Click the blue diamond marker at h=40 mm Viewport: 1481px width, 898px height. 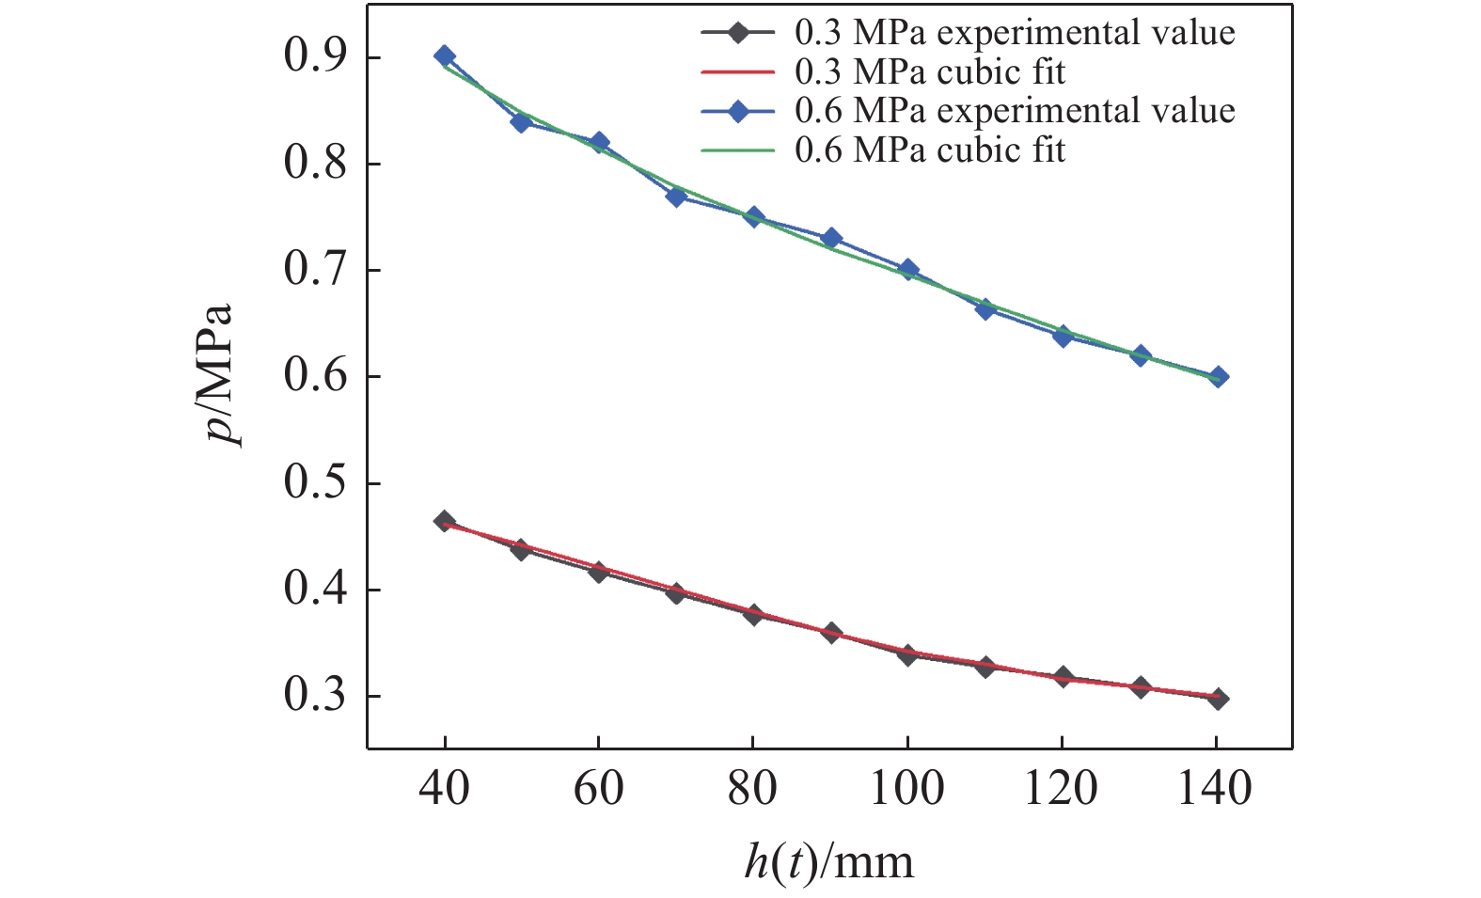pos(445,56)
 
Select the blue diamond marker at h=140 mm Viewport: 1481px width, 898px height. pos(1218,377)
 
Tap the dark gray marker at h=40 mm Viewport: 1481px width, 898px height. pos(445,522)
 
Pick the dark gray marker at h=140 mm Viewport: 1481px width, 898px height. pos(1218,699)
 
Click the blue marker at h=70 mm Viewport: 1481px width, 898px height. pos(676,197)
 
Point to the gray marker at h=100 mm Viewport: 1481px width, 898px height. pos(907,654)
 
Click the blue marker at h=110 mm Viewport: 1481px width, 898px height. pos(985,308)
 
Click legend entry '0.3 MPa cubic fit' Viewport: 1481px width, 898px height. pos(930,71)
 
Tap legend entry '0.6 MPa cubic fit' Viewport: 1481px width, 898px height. pos(930,150)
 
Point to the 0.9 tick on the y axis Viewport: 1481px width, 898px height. pos(317,58)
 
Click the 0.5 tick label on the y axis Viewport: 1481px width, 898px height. pos(317,483)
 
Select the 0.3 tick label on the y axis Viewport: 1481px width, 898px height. pos(317,697)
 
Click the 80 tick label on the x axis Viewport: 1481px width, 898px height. pos(753,787)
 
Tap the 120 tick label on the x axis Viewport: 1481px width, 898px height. pos(1062,787)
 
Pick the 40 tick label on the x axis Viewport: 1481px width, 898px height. pos(445,787)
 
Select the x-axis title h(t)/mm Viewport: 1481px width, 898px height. pos(828,860)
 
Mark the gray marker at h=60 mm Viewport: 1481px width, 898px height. pos(599,571)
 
